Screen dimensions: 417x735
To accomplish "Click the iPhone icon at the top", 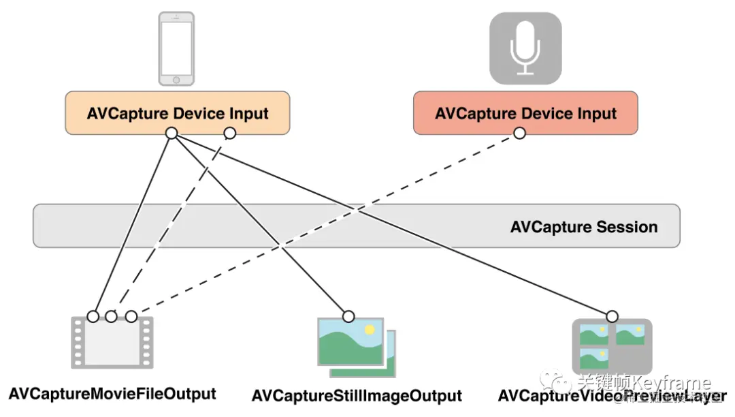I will (176, 48).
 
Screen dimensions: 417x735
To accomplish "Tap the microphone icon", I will (525, 48).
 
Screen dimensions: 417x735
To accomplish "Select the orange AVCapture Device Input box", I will (178, 113).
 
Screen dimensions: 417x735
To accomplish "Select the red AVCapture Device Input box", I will (525, 113).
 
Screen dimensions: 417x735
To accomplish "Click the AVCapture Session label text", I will (584, 227).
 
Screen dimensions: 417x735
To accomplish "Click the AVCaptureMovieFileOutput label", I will (112, 394).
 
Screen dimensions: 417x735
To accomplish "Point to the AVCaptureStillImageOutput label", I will (357, 396).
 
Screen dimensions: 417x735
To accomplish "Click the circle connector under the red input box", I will (519, 134).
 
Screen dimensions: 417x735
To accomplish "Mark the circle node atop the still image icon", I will (348, 316).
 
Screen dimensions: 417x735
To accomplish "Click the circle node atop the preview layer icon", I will (612, 316).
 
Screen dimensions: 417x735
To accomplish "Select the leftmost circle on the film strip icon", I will (93, 316).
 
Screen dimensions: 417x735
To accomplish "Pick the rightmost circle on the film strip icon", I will (131, 316).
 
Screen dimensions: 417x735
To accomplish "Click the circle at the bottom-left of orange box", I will (171, 134).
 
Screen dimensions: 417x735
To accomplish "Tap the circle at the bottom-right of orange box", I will (229, 133).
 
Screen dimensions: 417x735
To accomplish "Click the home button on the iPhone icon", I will (176, 80).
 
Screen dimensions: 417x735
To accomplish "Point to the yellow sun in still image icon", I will (370, 329).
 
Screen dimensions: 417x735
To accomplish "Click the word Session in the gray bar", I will (629, 227).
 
